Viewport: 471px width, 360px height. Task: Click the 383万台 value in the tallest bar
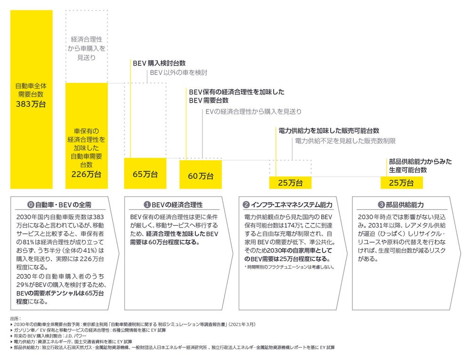coord(31,104)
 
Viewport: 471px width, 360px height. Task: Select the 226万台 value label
coord(86,174)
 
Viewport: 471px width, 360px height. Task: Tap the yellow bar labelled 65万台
coord(145,173)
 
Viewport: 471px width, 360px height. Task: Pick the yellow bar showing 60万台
coord(201,175)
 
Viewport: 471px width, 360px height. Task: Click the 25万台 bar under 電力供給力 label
coord(290,183)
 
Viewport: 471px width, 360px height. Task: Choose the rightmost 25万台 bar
coord(402,183)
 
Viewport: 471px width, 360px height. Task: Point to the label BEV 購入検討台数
coord(159,63)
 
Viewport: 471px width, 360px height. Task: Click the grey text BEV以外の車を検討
coord(179,73)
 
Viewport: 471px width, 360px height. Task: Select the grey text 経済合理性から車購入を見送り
coord(87,49)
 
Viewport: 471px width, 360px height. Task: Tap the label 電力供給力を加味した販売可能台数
coord(329,131)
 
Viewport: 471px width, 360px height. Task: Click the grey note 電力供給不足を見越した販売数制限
coord(345,140)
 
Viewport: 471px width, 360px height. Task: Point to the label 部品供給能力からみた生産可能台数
coord(420,165)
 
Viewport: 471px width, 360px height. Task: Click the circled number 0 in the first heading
coord(31,205)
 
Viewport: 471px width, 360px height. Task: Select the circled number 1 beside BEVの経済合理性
coord(147,205)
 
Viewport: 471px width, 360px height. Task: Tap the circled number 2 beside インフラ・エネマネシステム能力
coord(246,205)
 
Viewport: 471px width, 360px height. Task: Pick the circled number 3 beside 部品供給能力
coord(381,205)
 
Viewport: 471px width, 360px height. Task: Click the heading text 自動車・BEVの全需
coord(64,205)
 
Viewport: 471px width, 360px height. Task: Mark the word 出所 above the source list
coord(16,319)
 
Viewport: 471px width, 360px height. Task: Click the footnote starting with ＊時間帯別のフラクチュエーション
coord(289,267)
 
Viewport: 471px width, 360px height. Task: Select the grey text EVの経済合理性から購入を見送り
coord(253,112)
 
